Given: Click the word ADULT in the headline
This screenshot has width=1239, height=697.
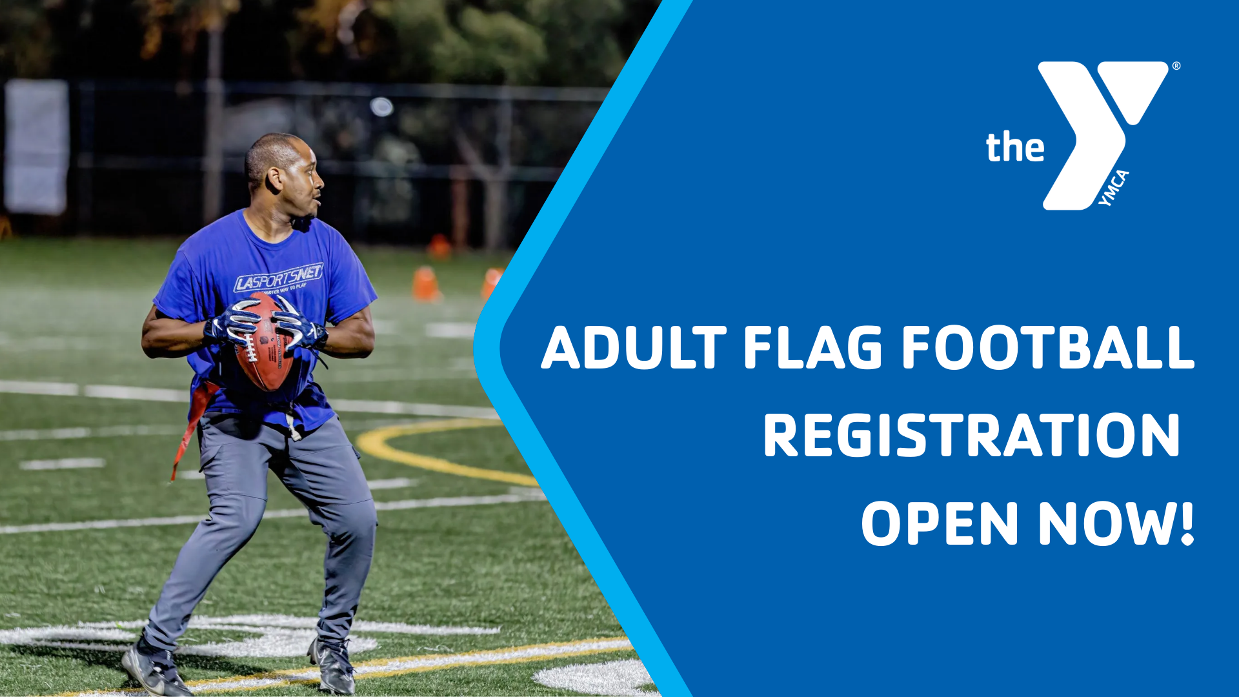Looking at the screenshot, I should pos(634,348).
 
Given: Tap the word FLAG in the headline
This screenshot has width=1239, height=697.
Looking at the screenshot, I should pos(812,348).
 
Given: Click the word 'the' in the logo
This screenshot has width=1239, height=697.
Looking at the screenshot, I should pos(1014,148).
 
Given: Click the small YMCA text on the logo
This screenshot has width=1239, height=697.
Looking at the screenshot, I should pos(1114,188).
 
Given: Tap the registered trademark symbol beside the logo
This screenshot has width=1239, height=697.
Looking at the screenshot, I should pos(1176,66).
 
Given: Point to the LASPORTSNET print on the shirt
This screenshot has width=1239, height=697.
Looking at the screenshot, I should pos(278,278).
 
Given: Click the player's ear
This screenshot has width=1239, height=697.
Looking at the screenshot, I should pos(275,179).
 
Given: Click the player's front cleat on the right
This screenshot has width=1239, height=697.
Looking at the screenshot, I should pos(333,665).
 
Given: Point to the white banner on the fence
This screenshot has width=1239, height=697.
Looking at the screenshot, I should pos(37,146).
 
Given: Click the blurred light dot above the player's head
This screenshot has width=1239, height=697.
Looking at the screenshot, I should pos(381,106).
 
